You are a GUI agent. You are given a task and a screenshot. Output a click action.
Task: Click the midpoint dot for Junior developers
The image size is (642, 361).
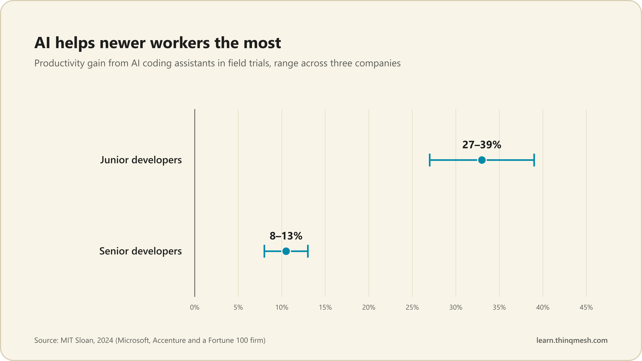(482, 160)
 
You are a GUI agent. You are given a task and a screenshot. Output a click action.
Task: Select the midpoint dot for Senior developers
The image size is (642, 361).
(286, 251)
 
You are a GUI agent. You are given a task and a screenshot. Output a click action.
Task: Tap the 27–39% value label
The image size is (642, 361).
(482, 145)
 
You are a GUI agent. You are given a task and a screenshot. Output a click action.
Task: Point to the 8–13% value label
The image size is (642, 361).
(286, 236)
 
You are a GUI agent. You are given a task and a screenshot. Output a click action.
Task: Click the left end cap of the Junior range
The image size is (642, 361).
(430, 160)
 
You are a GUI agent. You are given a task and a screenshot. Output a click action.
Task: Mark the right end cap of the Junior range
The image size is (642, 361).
(534, 160)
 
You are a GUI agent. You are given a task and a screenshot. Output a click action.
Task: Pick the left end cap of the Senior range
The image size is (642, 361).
(264, 251)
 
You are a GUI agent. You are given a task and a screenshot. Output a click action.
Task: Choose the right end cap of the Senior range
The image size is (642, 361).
(308, 251)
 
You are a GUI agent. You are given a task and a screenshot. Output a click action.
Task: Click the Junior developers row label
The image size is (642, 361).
(141, 160)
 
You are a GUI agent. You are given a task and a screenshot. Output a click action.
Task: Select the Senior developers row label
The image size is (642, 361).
(140, 251)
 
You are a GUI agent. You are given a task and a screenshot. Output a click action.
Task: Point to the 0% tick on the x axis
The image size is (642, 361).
(195, 308)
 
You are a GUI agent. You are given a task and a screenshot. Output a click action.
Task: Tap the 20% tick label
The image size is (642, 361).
(369, 308)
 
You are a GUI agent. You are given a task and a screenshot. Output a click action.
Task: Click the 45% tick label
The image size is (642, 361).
(586, 308)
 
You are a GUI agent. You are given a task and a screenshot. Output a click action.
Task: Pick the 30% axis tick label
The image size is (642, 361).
(456, 308)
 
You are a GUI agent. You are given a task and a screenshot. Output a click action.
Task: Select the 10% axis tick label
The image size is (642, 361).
(282, 308)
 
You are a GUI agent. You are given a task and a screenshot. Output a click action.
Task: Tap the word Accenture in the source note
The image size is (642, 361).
(169, 340)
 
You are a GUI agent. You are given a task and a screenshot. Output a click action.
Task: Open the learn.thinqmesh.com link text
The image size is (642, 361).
(572, 340)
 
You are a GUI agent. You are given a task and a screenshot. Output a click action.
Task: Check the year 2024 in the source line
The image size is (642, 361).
(105, 340)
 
